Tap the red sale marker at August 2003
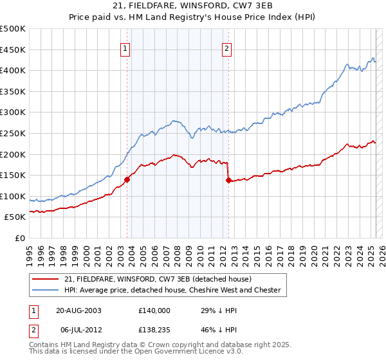click(x=127, y=180)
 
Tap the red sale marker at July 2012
click(x=228, y=181)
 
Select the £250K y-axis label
click(x=13, y=133)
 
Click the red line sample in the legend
click(x=46, y=279)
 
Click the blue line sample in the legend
click(x=46, y=291)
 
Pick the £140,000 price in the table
click(x=154, y=310)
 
